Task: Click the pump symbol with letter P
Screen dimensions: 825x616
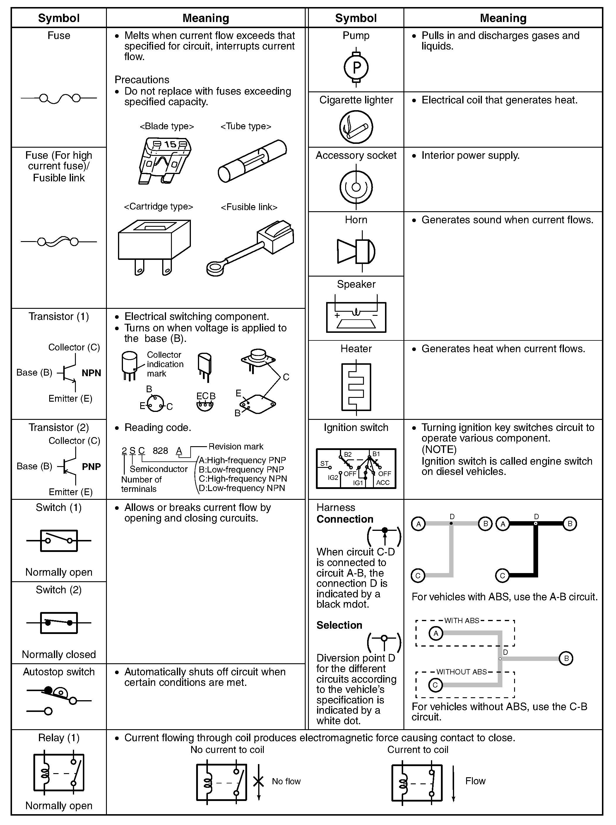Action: pos(356,67)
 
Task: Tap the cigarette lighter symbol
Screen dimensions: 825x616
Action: pos(356,127)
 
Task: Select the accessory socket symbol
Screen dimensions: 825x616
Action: pos(356,187)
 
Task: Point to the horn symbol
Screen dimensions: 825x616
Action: pos(356,251)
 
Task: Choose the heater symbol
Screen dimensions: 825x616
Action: pos(356,387)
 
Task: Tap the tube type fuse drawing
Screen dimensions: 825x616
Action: pos(252,161)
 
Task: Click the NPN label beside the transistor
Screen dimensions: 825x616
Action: pos(91,373)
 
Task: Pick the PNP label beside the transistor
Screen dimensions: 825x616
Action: pos(91,467)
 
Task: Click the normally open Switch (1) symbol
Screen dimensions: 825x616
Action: pos(59,541)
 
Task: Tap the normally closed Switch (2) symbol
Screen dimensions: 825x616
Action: pos(59,623)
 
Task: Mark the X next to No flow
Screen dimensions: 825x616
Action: pos(259,781)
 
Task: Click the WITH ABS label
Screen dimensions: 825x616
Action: pos(461,621)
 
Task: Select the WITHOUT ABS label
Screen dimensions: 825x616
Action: pos(461,672)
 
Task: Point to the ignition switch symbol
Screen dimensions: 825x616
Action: pos(356,468)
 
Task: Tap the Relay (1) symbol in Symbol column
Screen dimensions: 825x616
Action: pos(59,772)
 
